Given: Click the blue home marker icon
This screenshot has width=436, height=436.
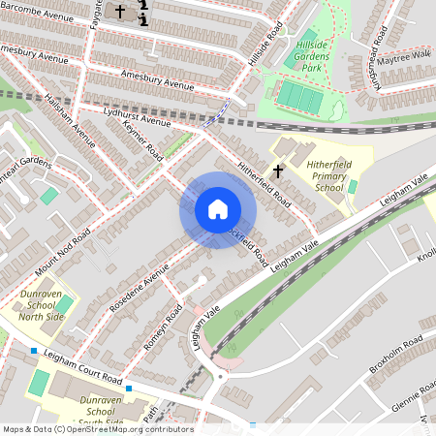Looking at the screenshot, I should [x=217, y=209].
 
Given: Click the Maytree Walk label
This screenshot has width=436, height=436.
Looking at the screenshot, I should [x=408, y=55].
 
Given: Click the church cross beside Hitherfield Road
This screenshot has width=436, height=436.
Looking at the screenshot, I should [x=278, y=171].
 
